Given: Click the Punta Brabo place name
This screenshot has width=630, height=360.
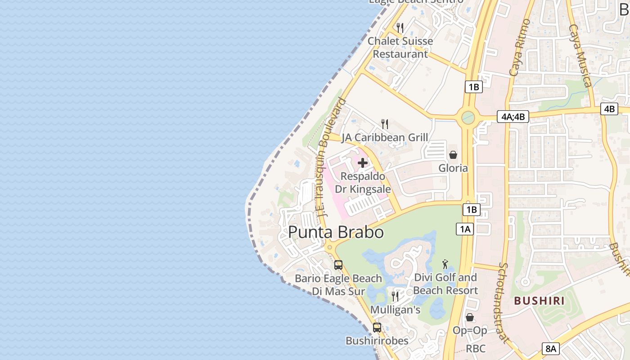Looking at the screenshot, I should coord(336,232).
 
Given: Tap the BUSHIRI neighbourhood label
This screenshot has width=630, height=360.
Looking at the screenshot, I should coord(539,301).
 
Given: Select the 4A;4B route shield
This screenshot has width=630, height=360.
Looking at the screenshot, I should coord(513,117).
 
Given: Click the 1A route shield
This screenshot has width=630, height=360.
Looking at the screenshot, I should coord(465,229).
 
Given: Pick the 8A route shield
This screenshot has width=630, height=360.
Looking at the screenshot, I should coord(551,348).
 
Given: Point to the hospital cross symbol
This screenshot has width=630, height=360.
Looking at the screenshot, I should coord(363,163).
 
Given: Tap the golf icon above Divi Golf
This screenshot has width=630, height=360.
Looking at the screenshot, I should coord(445,264).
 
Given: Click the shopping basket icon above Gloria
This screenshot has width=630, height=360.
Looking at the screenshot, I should coord(453,155).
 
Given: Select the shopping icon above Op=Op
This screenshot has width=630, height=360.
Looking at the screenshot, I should coord(470,317).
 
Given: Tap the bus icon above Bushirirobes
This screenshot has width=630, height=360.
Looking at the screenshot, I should coord(377,328).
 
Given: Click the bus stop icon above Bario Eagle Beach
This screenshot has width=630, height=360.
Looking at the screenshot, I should coord(338,265).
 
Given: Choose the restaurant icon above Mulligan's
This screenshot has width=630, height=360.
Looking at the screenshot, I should coord(395,296).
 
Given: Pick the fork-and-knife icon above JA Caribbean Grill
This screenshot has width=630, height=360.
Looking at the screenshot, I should coord(385,124).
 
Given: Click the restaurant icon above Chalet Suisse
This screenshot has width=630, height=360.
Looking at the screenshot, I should coord(400,28).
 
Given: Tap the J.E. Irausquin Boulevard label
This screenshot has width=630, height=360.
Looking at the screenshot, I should coord(331,157).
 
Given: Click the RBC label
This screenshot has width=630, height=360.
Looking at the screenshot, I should coord(476,348).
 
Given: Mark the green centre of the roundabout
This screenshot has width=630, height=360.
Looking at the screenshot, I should coord(468,117).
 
